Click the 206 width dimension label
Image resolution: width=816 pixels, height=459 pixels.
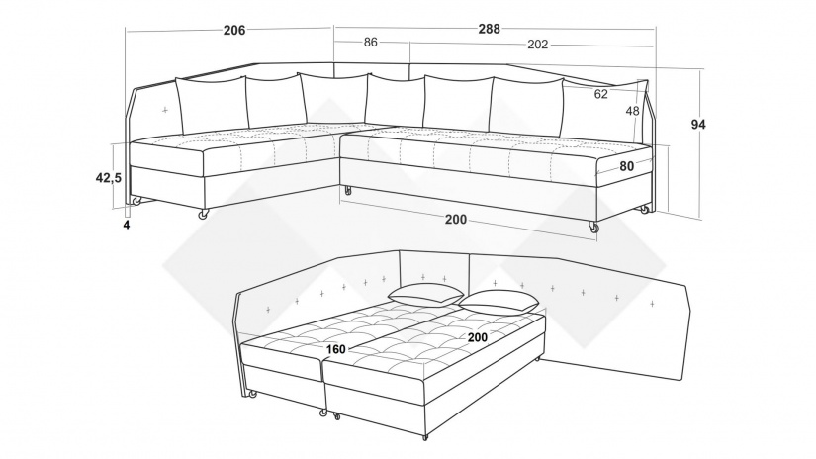tap(234, 31)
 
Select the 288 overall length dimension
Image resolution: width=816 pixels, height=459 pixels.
tap(490, 29)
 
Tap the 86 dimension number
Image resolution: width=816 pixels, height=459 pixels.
tap(371, 43)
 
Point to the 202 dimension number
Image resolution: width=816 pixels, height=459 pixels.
tap(538, 45)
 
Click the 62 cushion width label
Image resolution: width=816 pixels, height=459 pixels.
tap(600, 94)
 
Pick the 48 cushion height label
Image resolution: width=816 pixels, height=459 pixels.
tap(632, 111)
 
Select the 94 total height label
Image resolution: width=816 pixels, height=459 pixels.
tap(698, 125)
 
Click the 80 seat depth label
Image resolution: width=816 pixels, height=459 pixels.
tap(626, 166)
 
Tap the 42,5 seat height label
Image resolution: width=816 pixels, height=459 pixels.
tap(108, 177)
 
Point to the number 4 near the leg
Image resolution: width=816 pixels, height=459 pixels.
tap(126, 225)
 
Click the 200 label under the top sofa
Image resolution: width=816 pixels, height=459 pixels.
tap(456, 220)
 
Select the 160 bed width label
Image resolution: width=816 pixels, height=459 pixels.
tap(335, 349)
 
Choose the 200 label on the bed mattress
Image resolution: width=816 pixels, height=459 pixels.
tap(477, 337)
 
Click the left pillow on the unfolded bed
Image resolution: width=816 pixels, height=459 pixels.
tap(425, 295)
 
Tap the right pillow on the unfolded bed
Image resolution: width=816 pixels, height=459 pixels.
tap(499, 303)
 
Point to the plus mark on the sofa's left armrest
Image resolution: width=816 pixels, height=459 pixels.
tap(165, 110)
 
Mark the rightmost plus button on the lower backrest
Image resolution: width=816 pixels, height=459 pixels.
tap(652, 303)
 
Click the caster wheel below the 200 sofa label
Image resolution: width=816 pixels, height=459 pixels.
tap(592, 227)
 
